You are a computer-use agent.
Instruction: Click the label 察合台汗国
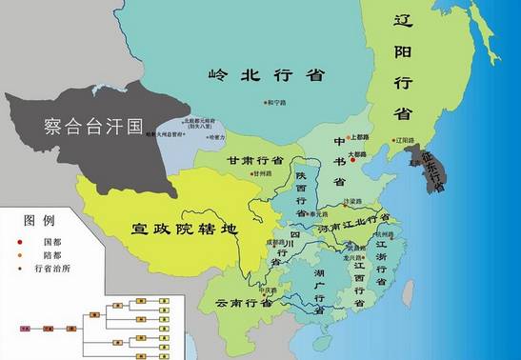tap(91, 123)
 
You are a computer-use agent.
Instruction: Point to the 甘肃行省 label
tap(255, 161)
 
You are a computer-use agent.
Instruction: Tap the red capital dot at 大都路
tap(353, 159)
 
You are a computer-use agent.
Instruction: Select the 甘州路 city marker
tap(254, 174)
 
